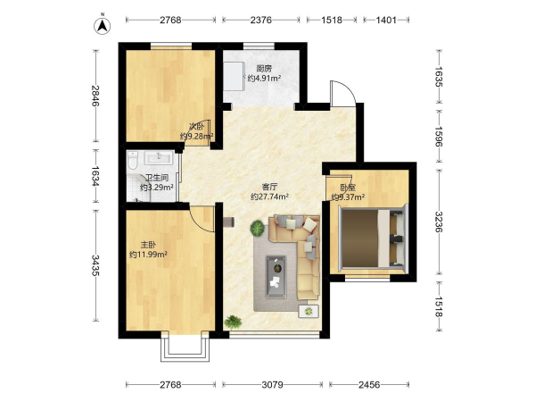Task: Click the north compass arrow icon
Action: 103,25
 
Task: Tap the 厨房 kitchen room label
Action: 265,69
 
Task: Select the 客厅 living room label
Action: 269,187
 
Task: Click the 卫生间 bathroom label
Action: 157,178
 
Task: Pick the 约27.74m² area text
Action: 270,197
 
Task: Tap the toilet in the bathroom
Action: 132,161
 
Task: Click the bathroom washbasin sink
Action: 159,158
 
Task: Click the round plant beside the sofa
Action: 258,228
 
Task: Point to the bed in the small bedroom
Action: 373,238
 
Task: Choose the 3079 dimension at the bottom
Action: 272,385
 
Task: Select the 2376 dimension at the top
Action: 261,21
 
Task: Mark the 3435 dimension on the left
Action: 96,265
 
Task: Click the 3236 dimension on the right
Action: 439,222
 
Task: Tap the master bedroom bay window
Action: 185,347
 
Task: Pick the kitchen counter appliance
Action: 234,77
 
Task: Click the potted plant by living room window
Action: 234,322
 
